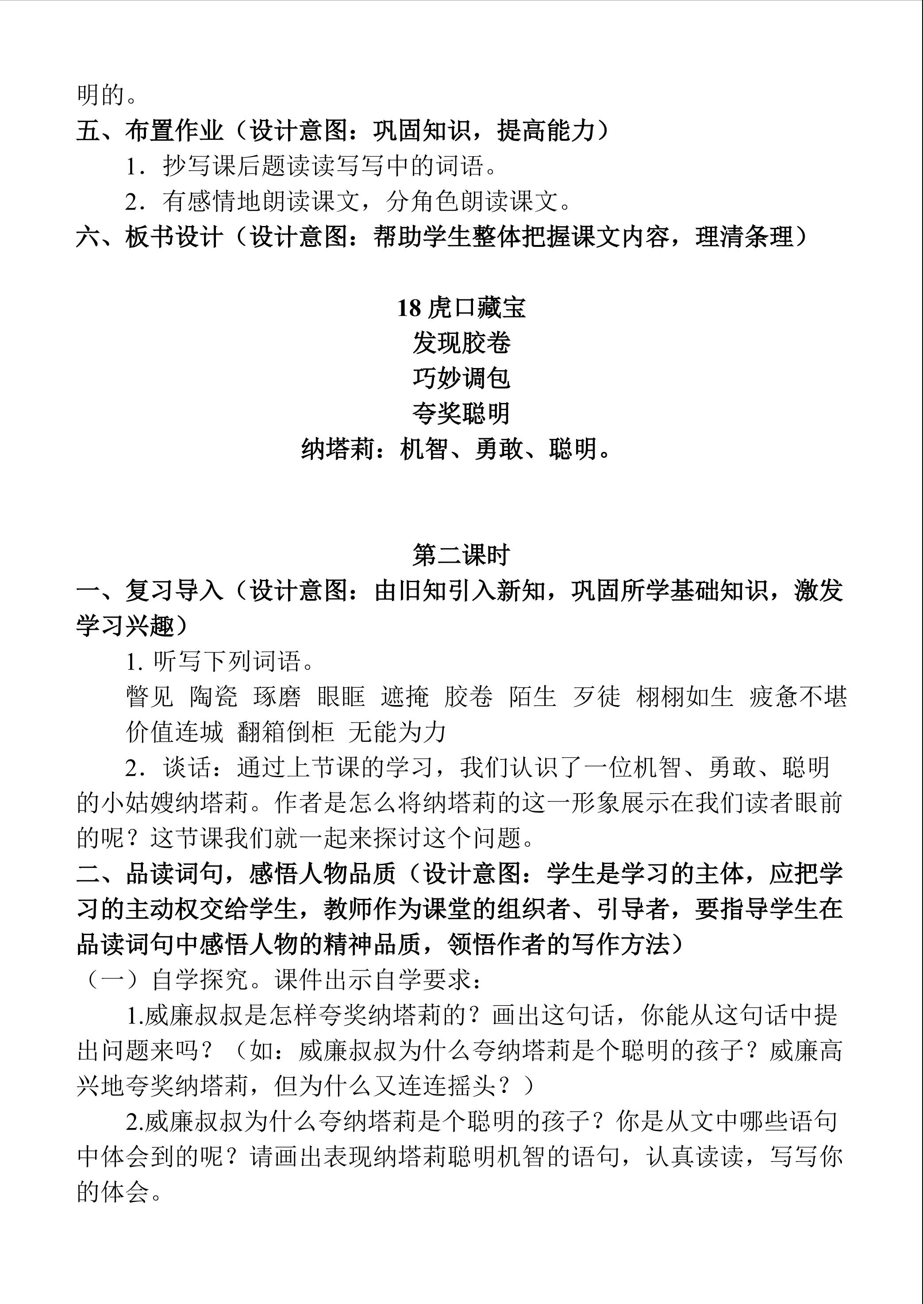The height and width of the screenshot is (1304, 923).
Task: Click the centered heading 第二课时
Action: pos(461,556)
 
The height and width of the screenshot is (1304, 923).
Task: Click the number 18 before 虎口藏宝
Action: pos(409,309)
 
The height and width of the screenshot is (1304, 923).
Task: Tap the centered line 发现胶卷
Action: pos(461,343)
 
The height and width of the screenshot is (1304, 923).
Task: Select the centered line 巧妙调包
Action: pos(461,378)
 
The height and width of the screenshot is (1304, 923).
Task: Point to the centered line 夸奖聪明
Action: pos(461,414)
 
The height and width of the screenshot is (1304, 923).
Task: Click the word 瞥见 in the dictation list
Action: pos(150,697)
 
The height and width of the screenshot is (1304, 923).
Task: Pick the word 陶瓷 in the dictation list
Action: pos(213,697)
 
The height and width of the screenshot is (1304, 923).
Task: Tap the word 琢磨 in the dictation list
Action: pos(277,697)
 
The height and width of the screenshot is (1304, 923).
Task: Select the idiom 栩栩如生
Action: pos(685,697)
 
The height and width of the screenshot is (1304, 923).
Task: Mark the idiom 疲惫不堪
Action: pos(798,697)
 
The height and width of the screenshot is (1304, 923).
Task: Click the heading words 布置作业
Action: pos(174,131)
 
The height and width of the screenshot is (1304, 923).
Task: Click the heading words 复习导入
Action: pos(174,591)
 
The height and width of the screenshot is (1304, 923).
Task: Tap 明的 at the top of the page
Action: pos(100,96)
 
